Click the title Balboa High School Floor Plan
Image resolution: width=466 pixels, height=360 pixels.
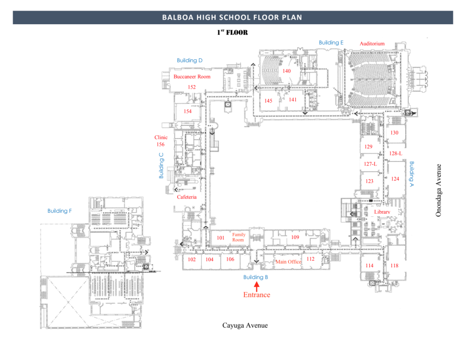point(232,18)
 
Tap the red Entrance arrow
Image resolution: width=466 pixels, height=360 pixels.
point(256,287)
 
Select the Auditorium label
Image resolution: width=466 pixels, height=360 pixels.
point(372,44)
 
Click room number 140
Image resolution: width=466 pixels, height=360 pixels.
point(287,71)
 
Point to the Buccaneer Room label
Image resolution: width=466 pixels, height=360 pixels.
point(192,77)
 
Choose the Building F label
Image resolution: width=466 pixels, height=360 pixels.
point(59,211)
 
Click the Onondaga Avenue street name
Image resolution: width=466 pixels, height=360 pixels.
point(439,190)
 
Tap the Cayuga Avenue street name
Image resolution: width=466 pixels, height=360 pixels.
point(245,325)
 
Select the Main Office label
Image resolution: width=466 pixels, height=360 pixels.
point(288,262)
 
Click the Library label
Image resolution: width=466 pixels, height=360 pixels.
point(382,212)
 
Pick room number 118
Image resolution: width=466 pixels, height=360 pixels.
point(395,265)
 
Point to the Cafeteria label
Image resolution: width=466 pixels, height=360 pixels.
point(186,197)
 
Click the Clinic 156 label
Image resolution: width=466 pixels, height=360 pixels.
point(161,141)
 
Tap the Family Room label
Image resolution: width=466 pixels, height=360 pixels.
point(239,237)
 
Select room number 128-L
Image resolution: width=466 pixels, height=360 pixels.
point(396,153)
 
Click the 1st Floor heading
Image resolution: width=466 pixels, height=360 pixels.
point(232,32)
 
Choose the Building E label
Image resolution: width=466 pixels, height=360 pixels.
point(331,43)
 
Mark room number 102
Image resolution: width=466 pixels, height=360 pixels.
point(191,259)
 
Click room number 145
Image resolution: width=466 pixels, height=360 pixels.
point(268,101)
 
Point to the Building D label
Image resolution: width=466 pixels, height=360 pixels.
point(190,60)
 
